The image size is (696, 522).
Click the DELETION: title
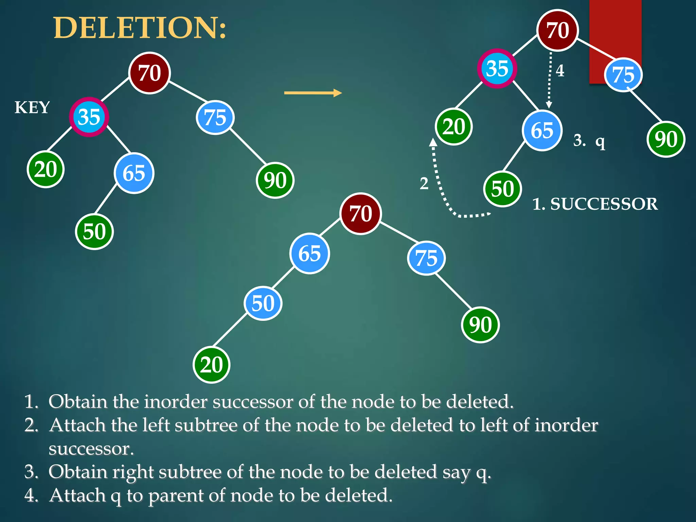click(x=140, y=28)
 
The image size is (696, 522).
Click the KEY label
click(x=32, y=107)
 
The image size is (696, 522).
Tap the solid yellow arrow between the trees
click(x=313, y=93)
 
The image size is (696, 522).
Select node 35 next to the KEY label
click(x=89, y=117)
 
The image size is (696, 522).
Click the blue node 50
click(x=263, y=303)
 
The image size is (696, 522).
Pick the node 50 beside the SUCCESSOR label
click(x=502, y=189)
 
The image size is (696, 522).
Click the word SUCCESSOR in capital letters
click(x=604, y=204)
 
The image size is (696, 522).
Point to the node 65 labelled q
click(x=542, y=130)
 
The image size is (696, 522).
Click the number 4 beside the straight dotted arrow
click(x=560, y=71)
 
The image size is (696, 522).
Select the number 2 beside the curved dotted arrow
click(x=424, y=184)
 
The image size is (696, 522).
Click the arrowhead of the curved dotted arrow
click(x=433, y=142)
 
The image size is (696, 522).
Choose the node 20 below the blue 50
click(x=211, y=365)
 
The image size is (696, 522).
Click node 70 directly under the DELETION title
click(x=150, y=73)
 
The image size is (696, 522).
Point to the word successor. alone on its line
click(x=91, y=449)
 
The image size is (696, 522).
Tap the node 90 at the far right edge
click(x=666, y=139)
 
